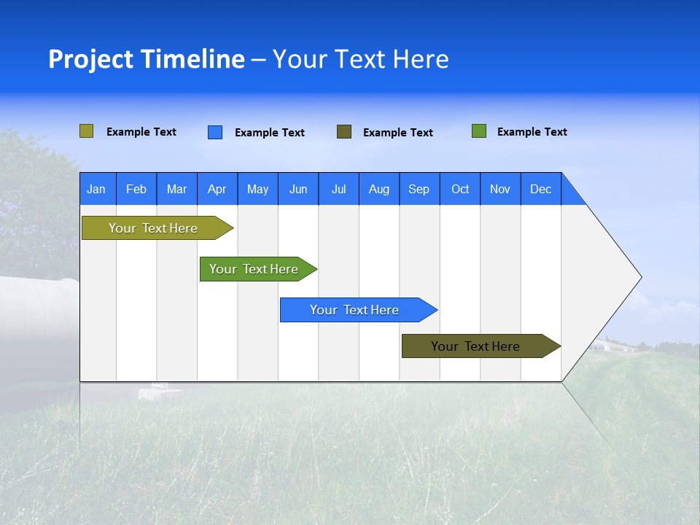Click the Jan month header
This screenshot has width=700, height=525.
pos(97,189)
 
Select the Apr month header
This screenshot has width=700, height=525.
pos(217,189)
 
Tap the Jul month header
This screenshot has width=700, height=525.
pos(338,189)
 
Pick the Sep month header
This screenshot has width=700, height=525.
pos(419,189)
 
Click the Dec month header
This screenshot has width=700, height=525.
pos(540,189)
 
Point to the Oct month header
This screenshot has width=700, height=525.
pos(460,189)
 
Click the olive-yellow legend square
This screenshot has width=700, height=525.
pos(86,131)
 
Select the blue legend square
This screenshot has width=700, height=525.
pos(214,132)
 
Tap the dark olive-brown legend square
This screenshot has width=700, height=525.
pos(344,132)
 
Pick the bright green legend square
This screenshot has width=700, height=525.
pos(478,131)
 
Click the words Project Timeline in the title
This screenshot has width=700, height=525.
pos(146,59)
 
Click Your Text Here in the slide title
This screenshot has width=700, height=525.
pos(360,59)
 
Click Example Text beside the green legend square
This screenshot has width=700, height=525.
pos(532,132)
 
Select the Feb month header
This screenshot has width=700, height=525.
pos(136,189)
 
